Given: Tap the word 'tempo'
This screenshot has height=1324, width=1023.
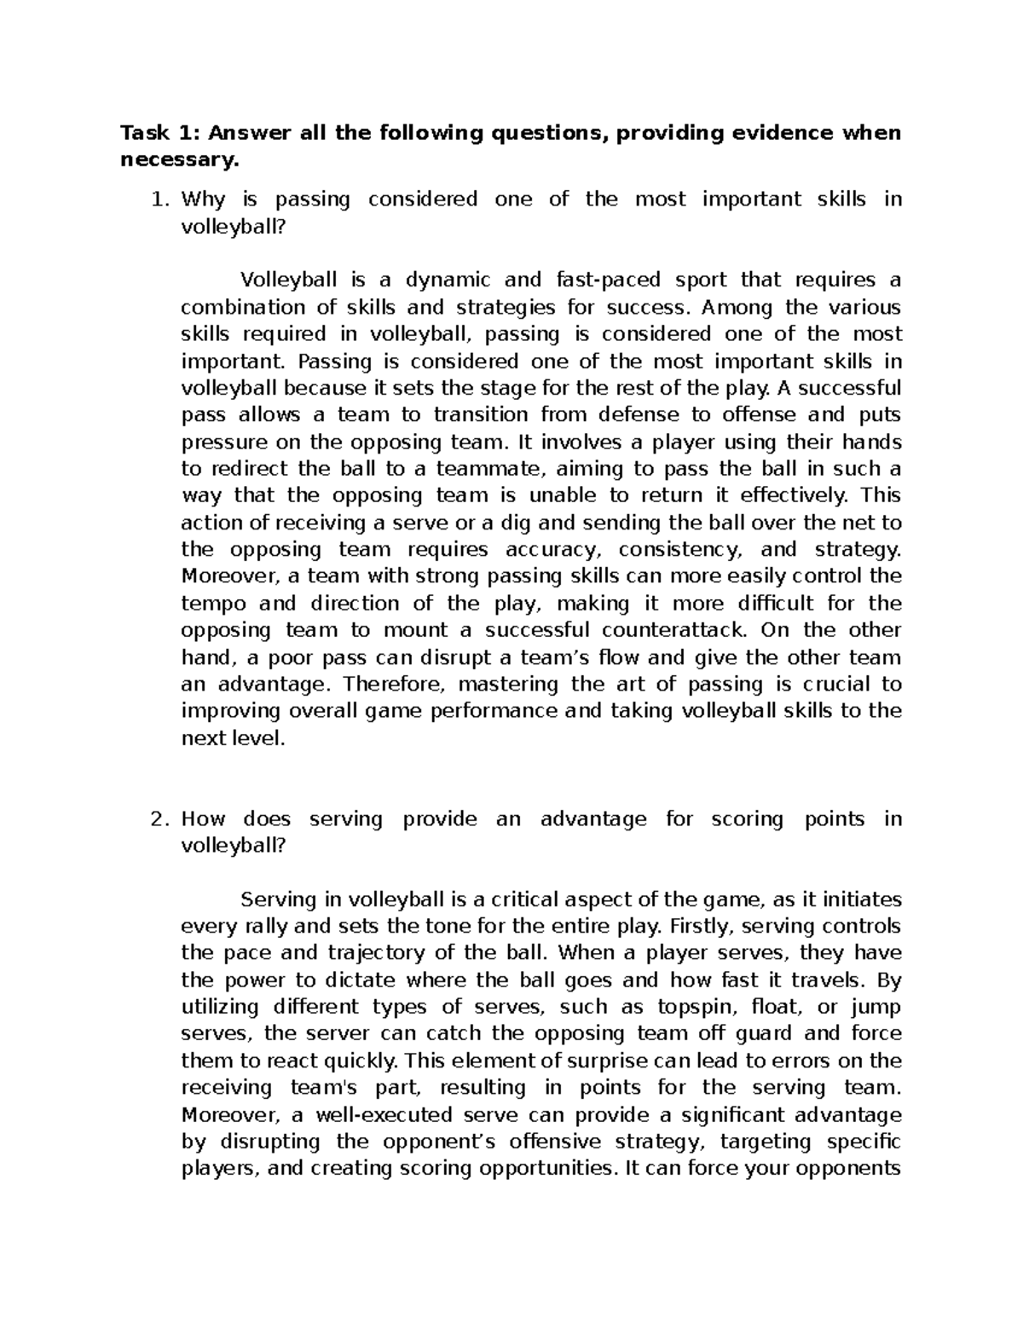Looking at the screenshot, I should coord(214,604).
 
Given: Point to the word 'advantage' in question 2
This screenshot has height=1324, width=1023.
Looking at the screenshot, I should coord(593,819).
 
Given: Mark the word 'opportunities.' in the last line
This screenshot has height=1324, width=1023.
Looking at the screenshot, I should coord(546,1169).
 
